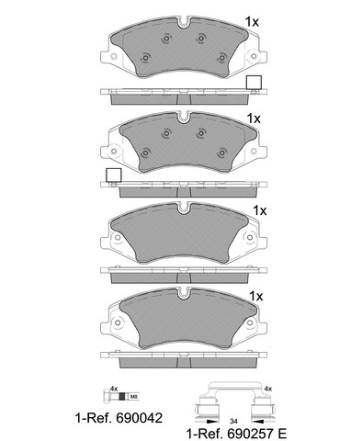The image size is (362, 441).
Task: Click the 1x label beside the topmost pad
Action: point(252,22)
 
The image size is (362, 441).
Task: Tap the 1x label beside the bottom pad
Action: point(256,296)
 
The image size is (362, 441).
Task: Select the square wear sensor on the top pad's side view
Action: point(254,82)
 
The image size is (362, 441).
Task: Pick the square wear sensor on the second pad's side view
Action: point(113,175)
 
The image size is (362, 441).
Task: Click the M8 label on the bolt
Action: point(134,397)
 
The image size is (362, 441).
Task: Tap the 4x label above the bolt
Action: point(114,389)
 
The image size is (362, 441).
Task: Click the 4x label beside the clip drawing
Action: point(267,389)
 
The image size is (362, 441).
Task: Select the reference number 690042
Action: point(139,418)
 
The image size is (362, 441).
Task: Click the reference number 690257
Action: point(250,434)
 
